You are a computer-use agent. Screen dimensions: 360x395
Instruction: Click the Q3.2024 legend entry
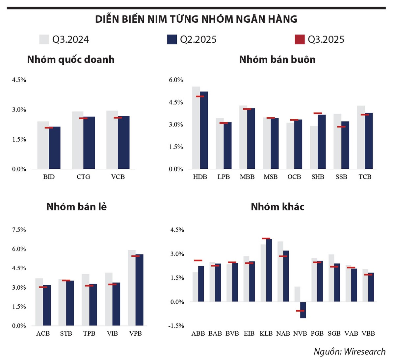pyautogui.click(x=64, y=39)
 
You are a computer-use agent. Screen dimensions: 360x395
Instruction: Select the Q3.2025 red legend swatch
pyautogui.click(x=300, y=39)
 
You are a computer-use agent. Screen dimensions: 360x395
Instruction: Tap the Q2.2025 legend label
pyautogui.click(x=198, y=39)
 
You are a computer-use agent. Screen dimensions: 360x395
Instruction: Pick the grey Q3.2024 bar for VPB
pyautogui.click(x=132, y=288)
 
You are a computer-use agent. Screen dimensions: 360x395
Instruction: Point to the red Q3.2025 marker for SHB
pyautogui.click(x=318, y=113)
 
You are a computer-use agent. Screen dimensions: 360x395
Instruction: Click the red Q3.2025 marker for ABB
pyautogui.click(x=198, y=260)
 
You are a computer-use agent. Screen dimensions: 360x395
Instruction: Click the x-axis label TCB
pyautogui.click(x=365, y=177)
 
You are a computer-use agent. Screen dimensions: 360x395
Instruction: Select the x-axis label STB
pyautogui.click(x=66, y=333)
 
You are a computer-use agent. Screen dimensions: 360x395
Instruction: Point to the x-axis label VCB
pyautogui.click(x=118, y=177)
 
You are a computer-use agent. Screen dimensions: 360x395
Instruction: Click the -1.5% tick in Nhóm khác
pyautogui.click(x=176, y=326)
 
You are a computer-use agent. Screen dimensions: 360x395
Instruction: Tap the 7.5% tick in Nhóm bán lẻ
pyautogui.click(x=19, y=230)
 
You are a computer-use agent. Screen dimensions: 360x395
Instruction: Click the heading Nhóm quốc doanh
pyautogui.click(x=71, y=60)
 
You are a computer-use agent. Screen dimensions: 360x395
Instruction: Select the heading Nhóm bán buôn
pyautogui.click(x=277, y=60)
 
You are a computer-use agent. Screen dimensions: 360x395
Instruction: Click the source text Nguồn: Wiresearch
pyautogui.click(x=349, y=351)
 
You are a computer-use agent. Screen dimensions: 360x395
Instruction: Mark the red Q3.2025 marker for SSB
pyautogui.click(x=341, y=127)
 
